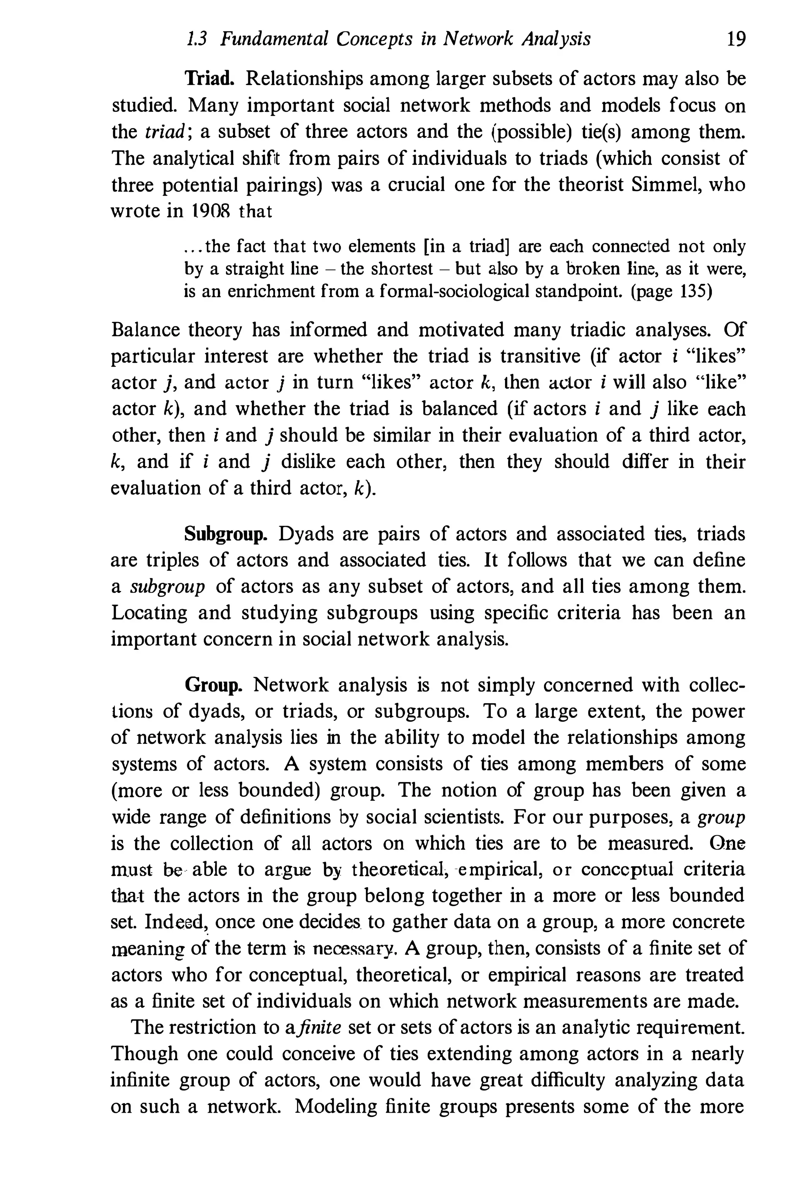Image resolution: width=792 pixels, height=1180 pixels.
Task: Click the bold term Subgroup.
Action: [226, 535]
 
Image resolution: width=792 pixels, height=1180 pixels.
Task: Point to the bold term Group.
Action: [213, 685]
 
